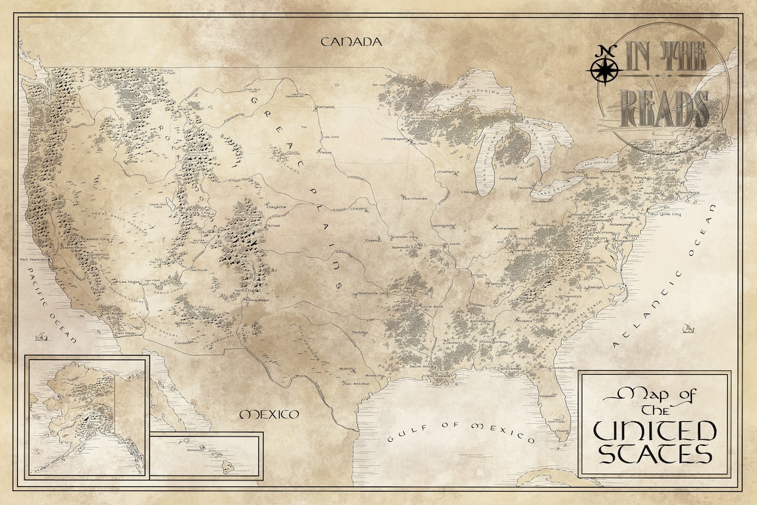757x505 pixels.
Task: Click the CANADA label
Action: (351, 42)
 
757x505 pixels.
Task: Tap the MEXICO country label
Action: (269, 415)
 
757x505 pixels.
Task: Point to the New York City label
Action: (665, 215)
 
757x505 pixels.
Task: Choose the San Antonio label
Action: (357, 383)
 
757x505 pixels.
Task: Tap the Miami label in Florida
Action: (562, 418)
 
